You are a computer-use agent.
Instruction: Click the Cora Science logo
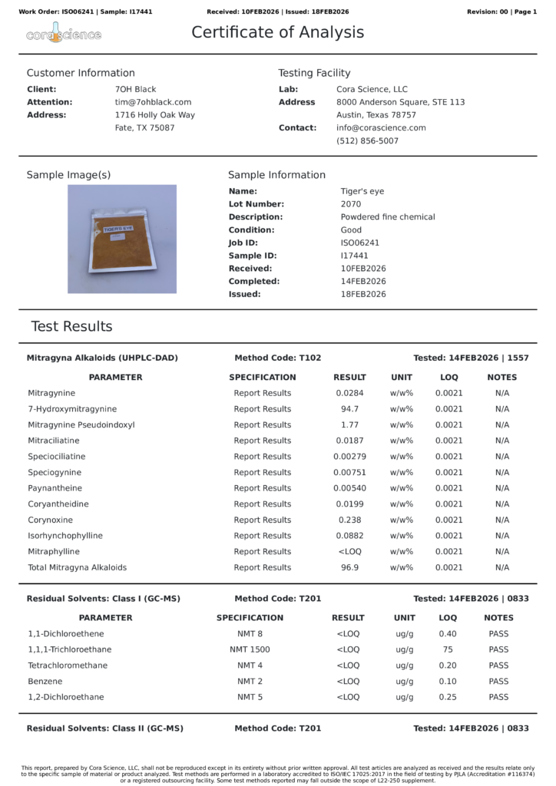pyautogui.click(x=64, y=33)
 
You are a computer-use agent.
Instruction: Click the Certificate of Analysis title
pyautogui.click(x=277, y=32)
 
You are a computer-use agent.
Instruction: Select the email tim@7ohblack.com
pyautogui.click(x=153, y=102)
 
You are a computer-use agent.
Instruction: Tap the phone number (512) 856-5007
pyautogui.click(x=367, y=141)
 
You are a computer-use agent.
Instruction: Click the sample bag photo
pyautogui.click(x=122, y=239)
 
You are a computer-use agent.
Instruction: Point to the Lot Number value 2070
pyautogui.click(x=350, y=204)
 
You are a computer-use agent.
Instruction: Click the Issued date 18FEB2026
pyautogui.click(x=363, y=294)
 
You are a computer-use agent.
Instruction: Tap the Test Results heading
pyautogui.click(x=71, y=326)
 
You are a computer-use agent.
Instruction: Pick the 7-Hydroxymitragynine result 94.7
pyautogui.click(x=349, y=409)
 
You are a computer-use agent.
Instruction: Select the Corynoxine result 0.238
pyautogui.click(x=349, y=520)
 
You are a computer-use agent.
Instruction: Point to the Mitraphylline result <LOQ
pyautogui.click(x=349, y=552)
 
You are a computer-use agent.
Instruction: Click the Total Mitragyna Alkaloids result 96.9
pyautogui.click(x=349, y=567)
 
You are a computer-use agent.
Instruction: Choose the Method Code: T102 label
pyautogui.click(x=277, y=358)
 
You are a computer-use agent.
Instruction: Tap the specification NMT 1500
pyautogui.click(x=250, y=649)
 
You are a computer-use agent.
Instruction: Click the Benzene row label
pyautogui.click(x=45, y=682)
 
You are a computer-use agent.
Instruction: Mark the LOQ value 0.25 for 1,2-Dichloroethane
pyautogui.click(x=448, y=697)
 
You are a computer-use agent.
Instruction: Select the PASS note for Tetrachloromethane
pyautogui.click(x=498, y=665)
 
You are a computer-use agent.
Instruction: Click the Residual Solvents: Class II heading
pyautogui.click(x=104, y=728)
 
